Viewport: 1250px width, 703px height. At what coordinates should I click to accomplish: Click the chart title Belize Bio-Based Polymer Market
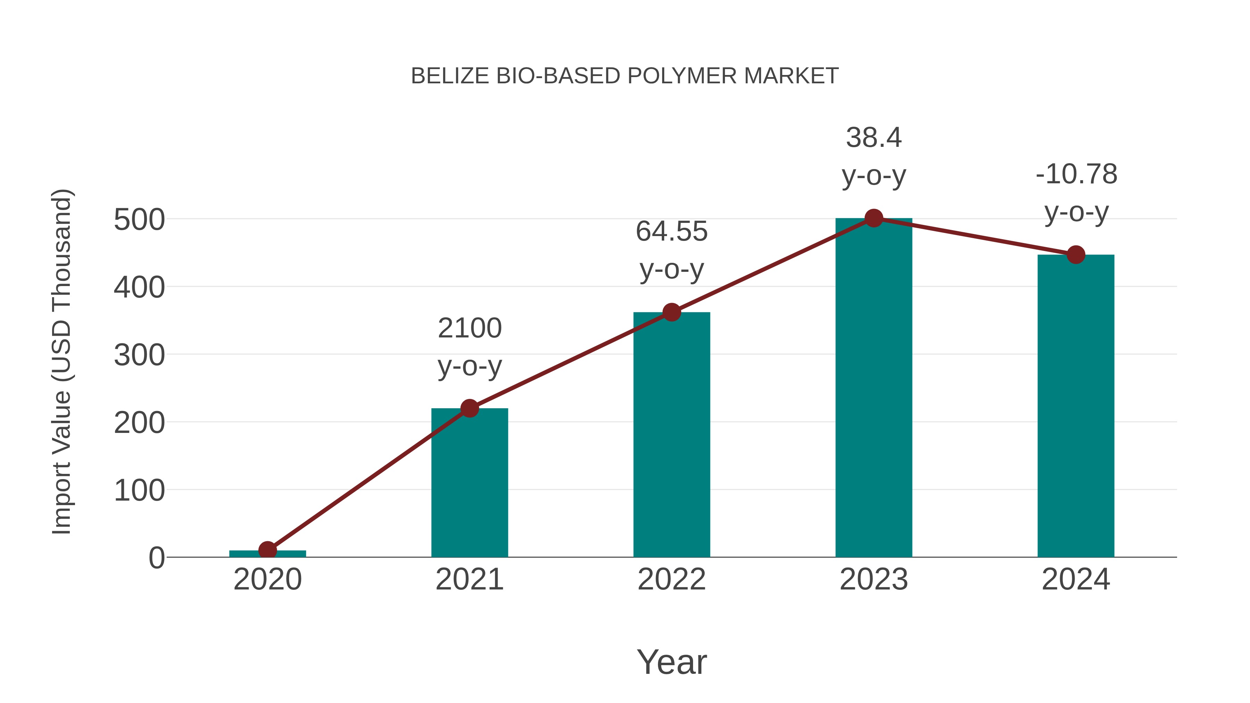pos(625,76)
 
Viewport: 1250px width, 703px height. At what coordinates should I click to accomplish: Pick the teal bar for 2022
pos(672,437)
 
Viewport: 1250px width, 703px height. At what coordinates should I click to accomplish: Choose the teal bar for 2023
pos(874,388)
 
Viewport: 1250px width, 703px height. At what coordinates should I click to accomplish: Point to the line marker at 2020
pos(267,550)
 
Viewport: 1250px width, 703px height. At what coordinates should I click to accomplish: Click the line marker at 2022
pos(672,312)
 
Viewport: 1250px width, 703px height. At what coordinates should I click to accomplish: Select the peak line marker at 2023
pos(874,218)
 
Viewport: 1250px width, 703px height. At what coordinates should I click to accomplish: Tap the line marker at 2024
pos(1076,255)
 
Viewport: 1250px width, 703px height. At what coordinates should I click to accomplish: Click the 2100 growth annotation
pos(470,346)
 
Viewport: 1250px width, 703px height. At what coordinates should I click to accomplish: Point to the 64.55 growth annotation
pos(672,250)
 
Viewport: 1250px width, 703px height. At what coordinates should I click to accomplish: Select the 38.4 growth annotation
pos(874,156)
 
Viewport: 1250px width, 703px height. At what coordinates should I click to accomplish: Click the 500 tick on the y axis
pos(139,220)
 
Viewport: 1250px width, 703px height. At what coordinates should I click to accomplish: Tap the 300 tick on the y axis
pos(139,355)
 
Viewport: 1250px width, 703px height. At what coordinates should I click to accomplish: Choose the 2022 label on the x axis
pos(672,579)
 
